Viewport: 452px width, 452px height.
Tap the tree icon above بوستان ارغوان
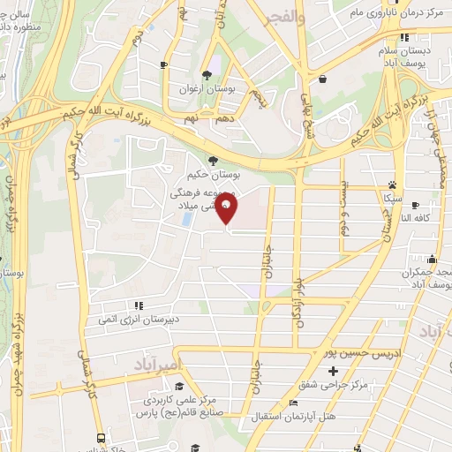click(x=205, y=75)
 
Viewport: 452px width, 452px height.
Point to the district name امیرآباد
click(x=158, y=363)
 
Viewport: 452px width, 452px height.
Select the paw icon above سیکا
click(x=391, y=185)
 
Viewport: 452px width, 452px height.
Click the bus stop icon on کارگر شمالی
click(x=101, y=438)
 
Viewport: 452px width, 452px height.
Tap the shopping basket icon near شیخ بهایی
click(x=322, y=79)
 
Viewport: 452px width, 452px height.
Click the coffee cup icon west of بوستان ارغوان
click(x=163, y=64)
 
